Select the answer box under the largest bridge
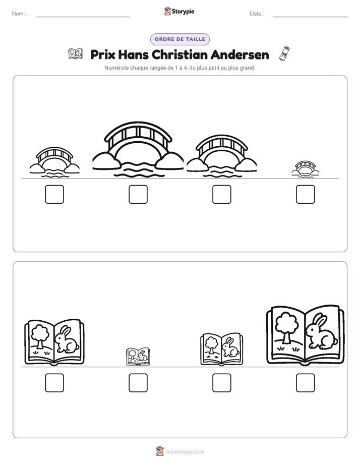click(138, 194)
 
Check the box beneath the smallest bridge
click(306, 194)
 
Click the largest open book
click(306, 335)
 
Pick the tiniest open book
click(138, 357)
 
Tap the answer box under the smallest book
click(138, 383)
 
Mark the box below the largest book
click(306, 383)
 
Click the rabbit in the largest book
click(321, 332)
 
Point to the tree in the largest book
click(286, 327)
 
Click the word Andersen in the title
click(239, 54)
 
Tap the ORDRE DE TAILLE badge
click(180, 39)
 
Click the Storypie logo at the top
click(179, 11)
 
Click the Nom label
click(19, 14)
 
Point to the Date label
click(257, 14)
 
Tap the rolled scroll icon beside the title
click(284, 54)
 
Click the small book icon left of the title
click(75, 54)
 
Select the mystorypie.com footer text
click(185, 452)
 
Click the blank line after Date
click(311, 17)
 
